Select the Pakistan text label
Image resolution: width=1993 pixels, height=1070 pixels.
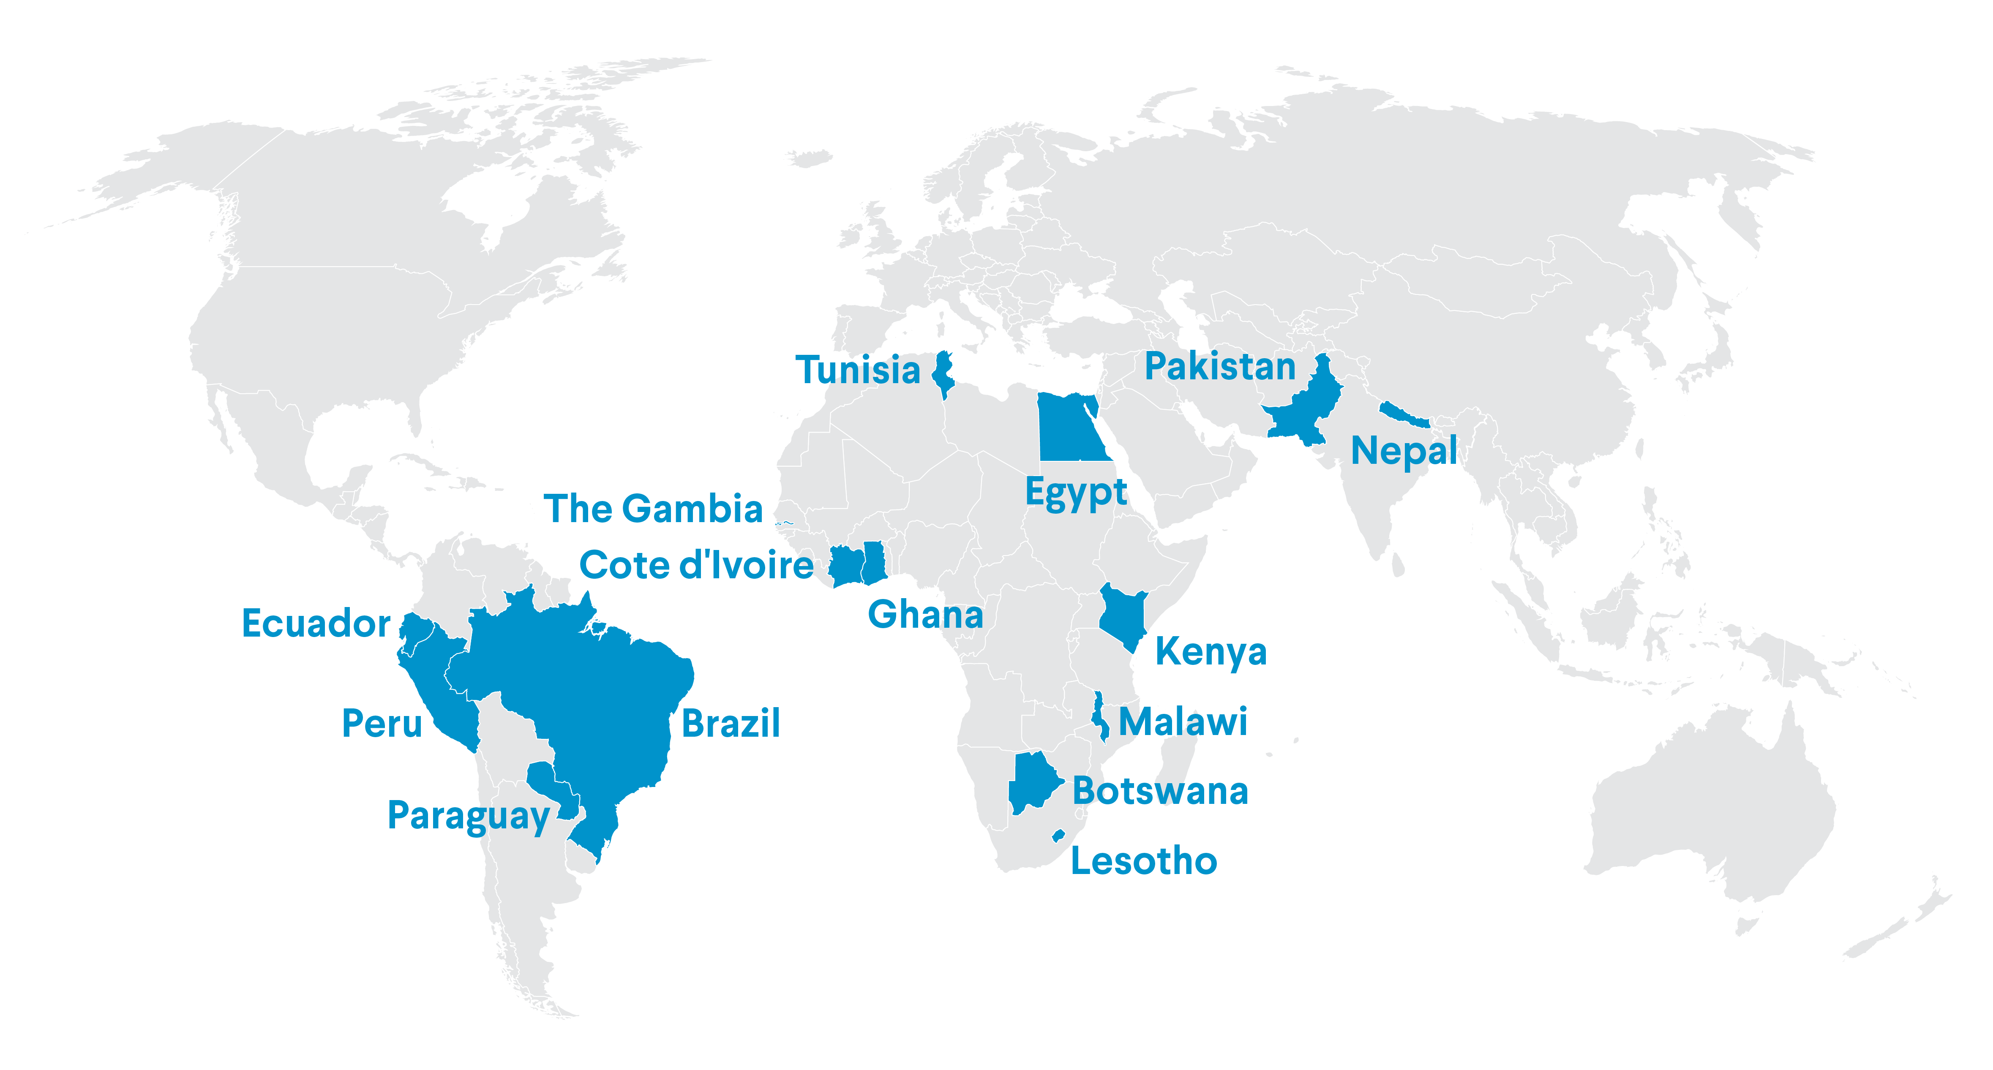pos(1220,367)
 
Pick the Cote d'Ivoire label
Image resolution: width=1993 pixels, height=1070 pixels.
pos(696,566)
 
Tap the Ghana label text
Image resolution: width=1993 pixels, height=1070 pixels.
pos(925,615)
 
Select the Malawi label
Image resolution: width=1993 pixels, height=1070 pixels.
pos(1183,722)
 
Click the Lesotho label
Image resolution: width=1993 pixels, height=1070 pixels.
pos(1143,861)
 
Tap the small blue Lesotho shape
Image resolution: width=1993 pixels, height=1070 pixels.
pos(1058,836)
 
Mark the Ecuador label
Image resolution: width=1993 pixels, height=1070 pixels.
pos(316,623)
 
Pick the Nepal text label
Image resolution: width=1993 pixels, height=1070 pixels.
pos(1404,451)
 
